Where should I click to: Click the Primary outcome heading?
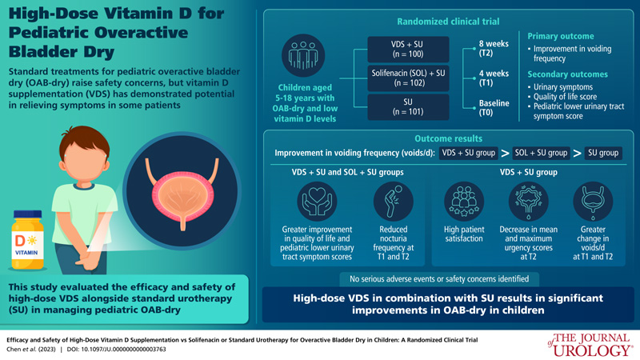(x=560, y=36)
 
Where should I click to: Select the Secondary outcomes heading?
(x=569, y=74)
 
